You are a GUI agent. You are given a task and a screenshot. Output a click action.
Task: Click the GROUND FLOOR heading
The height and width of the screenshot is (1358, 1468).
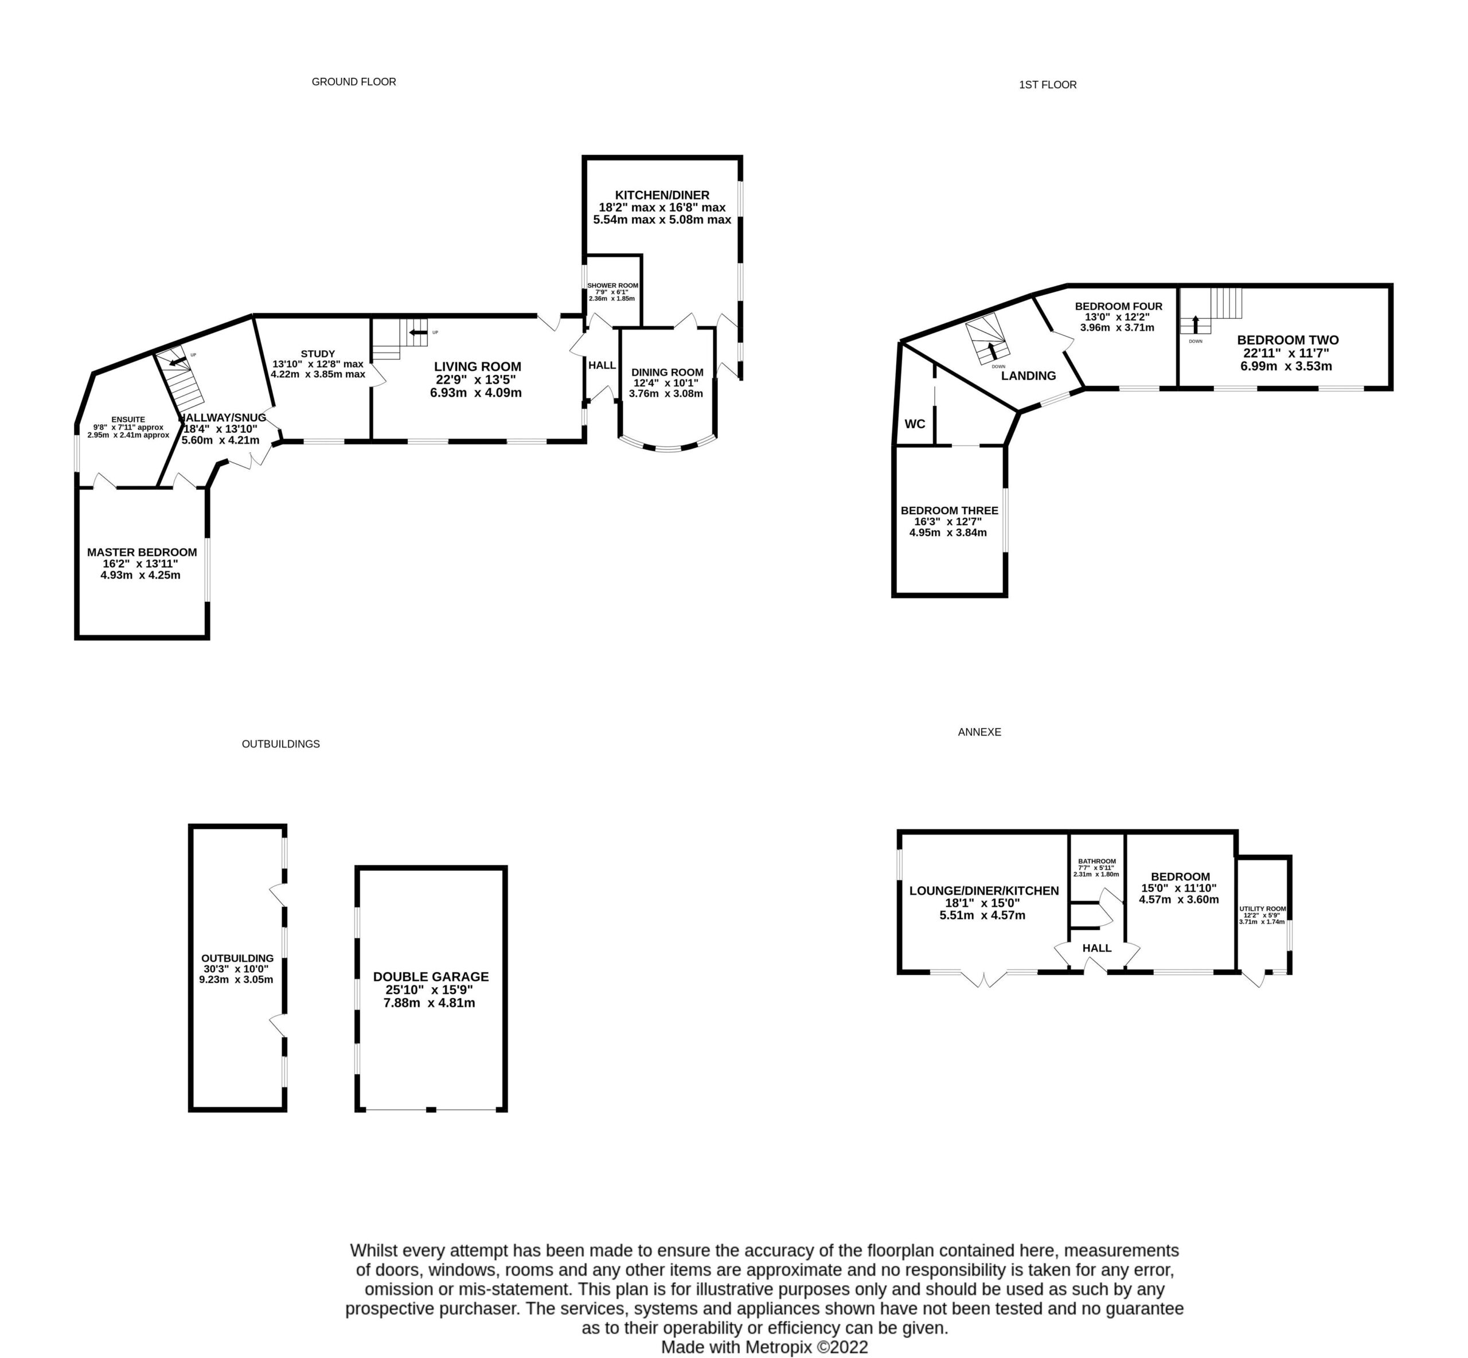(x=354, y=81)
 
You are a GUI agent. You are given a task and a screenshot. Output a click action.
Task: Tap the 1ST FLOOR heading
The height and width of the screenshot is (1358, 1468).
(x=1048, y=84)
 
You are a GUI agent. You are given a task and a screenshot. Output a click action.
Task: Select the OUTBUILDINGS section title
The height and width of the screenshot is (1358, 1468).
(x=281, y=743)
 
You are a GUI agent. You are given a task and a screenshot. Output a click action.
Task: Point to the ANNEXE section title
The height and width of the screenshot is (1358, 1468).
(x=979, y=732)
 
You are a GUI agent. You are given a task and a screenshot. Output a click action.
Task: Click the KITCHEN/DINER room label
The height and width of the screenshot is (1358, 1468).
(x=662, y=195)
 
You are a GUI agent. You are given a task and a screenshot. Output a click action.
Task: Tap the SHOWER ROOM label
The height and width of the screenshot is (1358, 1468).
(x=612, y=285)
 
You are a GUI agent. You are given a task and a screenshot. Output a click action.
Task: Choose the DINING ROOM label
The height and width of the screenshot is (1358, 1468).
(x=667, y=372)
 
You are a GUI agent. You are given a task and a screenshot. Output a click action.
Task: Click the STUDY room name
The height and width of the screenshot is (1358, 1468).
(x=318, y=354)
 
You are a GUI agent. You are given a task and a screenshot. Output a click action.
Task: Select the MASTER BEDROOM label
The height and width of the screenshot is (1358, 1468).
(x=142, y=552)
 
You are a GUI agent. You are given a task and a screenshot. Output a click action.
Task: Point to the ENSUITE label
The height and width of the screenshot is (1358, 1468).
(x=128, y=420)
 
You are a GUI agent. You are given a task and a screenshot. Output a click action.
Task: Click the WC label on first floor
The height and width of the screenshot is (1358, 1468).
(x=915, y=424)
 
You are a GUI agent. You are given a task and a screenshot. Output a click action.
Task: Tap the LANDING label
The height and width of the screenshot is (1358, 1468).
(x=1028, y=375)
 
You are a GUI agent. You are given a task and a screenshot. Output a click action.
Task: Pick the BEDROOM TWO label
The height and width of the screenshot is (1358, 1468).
(x=1287, y=341)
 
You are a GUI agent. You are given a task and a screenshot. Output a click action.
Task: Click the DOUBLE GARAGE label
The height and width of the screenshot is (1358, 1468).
(x=431, y=977)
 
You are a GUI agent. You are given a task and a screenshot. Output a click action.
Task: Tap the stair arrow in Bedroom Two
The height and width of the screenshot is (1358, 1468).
(x=1194, y=324)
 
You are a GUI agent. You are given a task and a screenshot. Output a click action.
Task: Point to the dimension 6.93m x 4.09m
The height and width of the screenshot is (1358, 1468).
(x=475, y=393)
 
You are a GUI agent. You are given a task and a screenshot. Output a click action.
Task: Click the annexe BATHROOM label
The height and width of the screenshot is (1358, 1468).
(x=1097, y=861)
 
